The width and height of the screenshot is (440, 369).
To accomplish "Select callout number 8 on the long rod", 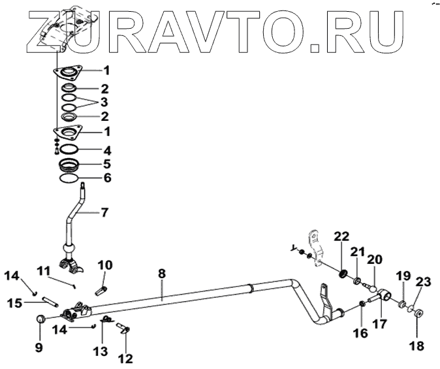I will click(162, 275).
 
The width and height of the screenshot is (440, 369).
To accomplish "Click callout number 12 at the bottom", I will click(125, 358).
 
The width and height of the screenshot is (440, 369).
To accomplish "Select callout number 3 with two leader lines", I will click(104, 103).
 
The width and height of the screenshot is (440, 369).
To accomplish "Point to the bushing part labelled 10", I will click(102, 285).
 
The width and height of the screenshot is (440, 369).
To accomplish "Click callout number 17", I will click(381, 323).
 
